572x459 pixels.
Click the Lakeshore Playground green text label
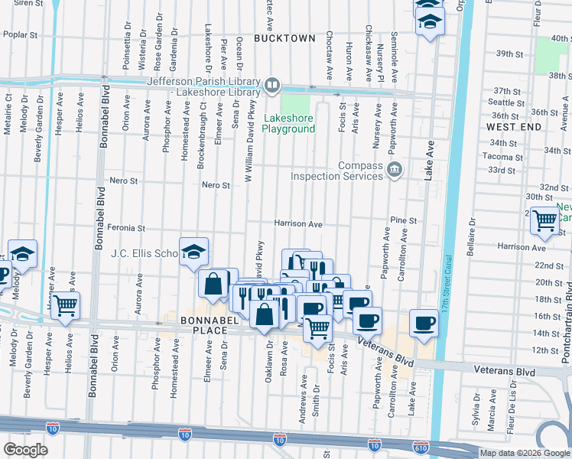288,123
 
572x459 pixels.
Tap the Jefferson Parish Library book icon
272,84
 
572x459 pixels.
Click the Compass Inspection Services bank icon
394,169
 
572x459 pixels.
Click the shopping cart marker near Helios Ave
67,305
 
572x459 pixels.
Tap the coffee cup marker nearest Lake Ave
424,322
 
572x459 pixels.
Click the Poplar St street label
20,34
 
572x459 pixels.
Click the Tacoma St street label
502,156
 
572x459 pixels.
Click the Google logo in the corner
26,450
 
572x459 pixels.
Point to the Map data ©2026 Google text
525,453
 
